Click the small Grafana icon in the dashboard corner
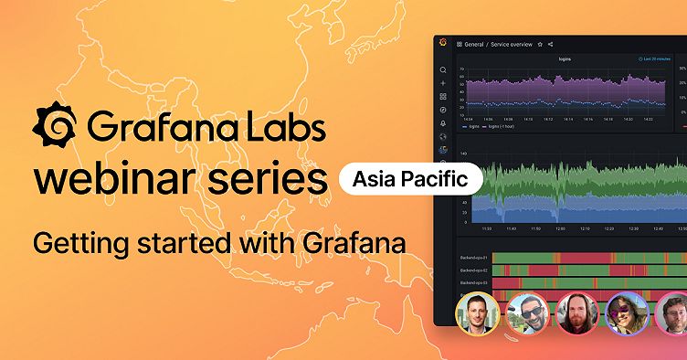click(443, 43)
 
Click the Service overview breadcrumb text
click(512, 44)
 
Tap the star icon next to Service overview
click(540, 44)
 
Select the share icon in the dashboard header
click(551, 44)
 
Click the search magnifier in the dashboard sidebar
click(443, 69)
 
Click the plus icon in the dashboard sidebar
click(443, 83)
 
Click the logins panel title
click(565, 59)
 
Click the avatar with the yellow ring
click(478, 315)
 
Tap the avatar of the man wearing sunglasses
click(526, 315)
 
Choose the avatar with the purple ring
click(628, 315)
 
